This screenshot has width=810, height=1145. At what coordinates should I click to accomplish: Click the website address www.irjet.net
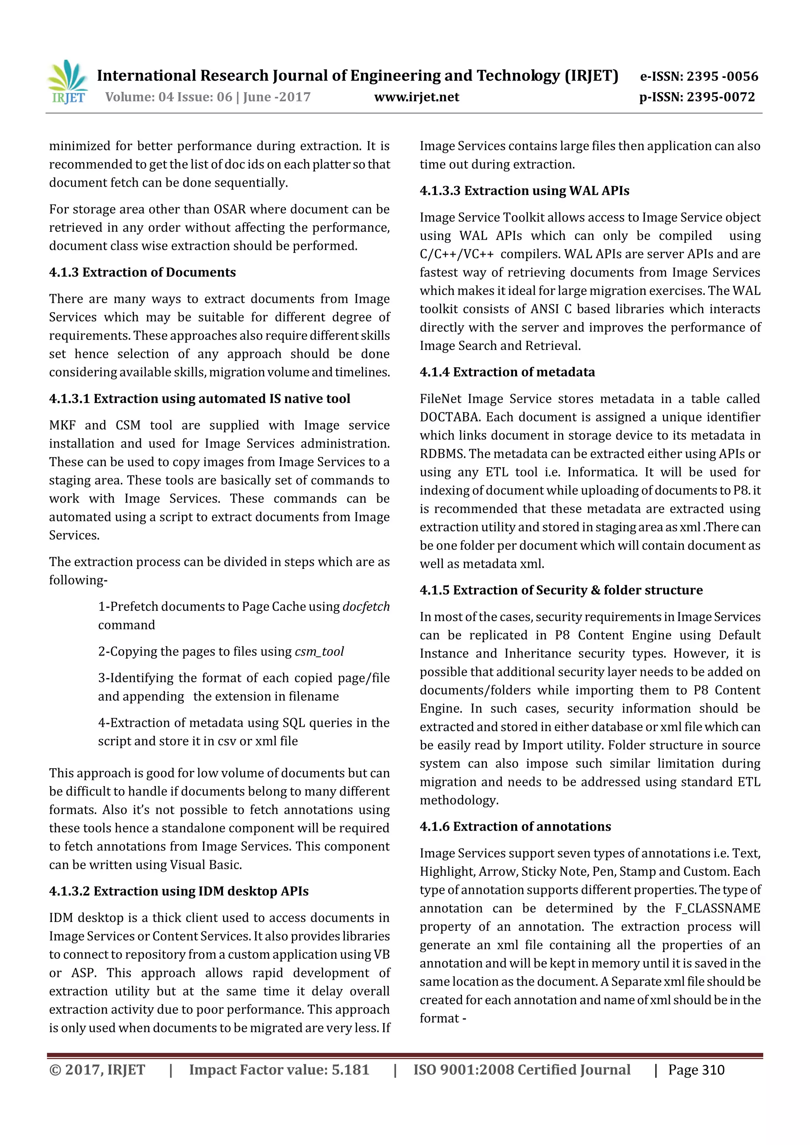point(416,97)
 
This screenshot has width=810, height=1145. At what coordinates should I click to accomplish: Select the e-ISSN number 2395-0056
point(722,76)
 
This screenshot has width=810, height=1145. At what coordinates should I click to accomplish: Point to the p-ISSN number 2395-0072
point(721,97)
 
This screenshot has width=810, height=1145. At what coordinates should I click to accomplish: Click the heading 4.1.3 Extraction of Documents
point(142,272)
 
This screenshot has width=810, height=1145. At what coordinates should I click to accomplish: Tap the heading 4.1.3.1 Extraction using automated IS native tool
point(199,399)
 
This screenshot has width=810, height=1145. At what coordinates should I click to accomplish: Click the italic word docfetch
point(366,607)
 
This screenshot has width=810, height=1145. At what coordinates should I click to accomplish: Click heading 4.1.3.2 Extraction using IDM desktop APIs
point(178,891)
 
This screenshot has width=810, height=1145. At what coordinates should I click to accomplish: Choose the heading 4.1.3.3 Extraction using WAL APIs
point(524,191)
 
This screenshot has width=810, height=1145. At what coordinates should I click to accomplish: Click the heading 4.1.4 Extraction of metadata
point(507,372)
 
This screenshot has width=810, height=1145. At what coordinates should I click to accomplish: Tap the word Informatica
point(602,472)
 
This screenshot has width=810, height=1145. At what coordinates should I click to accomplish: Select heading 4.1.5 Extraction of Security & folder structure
point(561,590)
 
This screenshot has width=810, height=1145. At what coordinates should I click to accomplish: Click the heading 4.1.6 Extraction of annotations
point(515,826)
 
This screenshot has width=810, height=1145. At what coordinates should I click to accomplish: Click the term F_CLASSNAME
point(717,908)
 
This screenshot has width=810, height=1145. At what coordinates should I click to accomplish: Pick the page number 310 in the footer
point(713,1070)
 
